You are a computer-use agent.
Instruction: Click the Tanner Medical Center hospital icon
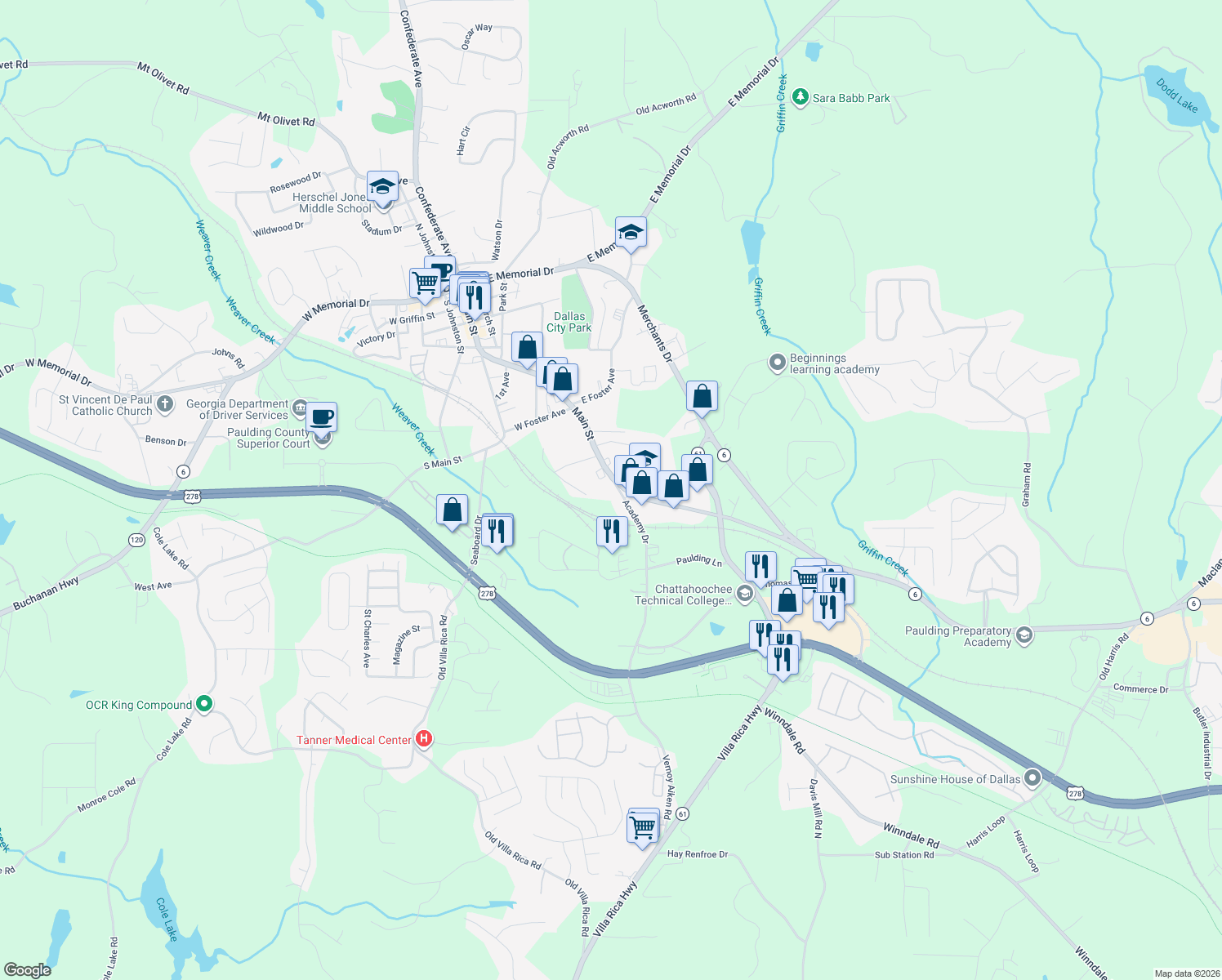pos(424,740)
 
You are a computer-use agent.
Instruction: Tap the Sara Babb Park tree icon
pos(801,98)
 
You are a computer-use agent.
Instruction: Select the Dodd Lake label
pos(1177,95)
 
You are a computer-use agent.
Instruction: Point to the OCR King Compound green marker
pos(204,704)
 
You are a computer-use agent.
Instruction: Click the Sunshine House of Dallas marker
pos(1032,778)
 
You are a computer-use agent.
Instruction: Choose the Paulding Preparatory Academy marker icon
pos(1024,635)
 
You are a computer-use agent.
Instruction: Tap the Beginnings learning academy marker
pos(777,363)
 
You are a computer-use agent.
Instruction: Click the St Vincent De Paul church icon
pos(165,404)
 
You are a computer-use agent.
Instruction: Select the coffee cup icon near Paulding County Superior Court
pos(322,416)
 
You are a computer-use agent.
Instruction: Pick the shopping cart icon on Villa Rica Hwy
pos(643,826)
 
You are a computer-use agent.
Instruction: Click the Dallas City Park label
pos(569,322)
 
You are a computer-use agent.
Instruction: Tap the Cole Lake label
pos(167,919)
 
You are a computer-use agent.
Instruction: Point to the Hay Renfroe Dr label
pos(697,854)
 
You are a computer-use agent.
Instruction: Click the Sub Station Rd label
pos(903,855)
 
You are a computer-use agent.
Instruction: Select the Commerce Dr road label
pos(1140,688)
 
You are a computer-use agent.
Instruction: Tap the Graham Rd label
pos(1027,485)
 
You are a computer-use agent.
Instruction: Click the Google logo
pos(28,969)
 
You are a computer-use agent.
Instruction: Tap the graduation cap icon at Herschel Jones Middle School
pos(381,187)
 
